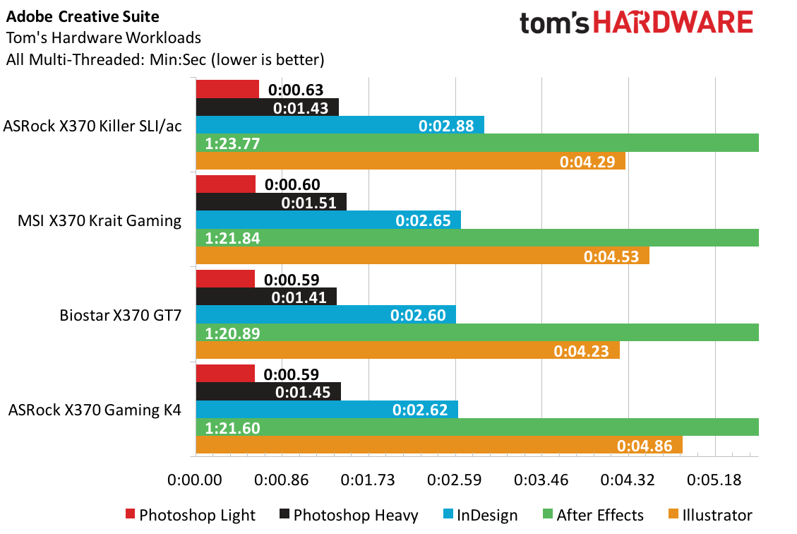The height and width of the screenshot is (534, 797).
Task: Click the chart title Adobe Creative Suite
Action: coord(83,17)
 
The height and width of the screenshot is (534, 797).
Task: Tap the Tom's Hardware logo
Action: coord(636,23)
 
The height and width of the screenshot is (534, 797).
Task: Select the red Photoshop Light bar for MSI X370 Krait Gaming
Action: coord(226,184)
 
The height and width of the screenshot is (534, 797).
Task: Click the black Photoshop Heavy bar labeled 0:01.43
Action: coord(268,107)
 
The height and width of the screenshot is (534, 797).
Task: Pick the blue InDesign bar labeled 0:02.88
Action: coord(340,125)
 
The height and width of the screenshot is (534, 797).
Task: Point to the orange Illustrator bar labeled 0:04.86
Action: coord(439,445)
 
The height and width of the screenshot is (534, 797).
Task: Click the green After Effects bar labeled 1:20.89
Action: coord(477,333)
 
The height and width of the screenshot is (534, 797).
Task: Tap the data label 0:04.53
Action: coord(611,256)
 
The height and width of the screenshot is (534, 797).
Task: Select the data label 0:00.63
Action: coord(296,90)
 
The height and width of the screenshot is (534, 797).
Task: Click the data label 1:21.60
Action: coord(232,428)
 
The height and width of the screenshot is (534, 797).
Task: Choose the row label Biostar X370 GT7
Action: coord(121,315)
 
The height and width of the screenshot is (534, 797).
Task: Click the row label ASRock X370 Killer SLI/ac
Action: coord(92,126)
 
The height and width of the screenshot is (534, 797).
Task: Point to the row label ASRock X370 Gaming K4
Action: coord(95,410)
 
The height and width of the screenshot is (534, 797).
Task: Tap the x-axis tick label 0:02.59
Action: coord(455,480)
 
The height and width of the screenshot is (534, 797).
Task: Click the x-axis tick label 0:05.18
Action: coord(714,480)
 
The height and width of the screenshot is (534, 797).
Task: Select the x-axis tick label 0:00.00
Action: coord(195,480)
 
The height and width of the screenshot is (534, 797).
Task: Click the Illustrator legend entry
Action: coord(711,515)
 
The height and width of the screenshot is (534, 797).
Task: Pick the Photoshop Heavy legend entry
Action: coord(349,515)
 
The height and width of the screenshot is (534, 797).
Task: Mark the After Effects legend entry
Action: coord(593,515)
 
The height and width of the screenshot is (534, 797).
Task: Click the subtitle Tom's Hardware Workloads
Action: coord(104,37)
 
